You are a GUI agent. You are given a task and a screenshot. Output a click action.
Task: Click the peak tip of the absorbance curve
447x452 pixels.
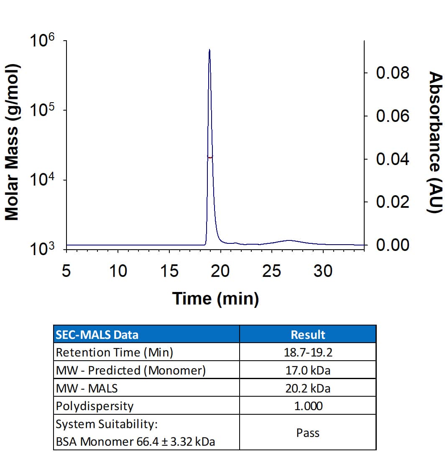coord(209,50)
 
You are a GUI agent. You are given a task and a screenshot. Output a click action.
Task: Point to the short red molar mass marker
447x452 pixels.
coord(210,157)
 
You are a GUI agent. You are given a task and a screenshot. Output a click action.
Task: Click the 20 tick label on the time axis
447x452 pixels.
coord(220,271)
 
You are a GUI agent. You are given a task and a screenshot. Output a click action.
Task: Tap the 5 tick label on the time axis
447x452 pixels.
coord(66,271)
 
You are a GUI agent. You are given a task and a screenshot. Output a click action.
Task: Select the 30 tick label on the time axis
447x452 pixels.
coord(323,271)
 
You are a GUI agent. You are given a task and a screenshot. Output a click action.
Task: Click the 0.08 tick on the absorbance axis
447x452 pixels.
coord(392,73)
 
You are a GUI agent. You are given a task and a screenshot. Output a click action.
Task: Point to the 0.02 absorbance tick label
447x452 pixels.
coord(392,202)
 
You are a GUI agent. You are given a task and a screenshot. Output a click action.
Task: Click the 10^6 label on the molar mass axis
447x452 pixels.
coord(42,42)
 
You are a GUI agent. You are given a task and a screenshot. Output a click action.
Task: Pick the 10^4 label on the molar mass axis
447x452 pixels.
coord(42,181)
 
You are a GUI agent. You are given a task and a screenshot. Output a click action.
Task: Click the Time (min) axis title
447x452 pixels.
coord(215,299)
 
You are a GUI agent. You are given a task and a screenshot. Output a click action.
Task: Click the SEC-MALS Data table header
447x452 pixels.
coord(97,334)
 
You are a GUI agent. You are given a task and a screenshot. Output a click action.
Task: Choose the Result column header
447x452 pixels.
coord(308,334)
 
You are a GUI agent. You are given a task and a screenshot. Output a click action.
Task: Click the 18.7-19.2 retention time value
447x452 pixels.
coord(308,352)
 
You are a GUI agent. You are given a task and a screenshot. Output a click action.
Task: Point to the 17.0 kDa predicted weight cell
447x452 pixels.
coord(308,370)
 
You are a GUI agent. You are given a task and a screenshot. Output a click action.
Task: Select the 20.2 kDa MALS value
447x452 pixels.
coord(308,388)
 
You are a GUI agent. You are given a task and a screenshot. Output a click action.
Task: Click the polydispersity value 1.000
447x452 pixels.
coord(308,406)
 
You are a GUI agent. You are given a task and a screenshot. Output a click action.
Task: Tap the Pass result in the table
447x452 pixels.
coord(308,432)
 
